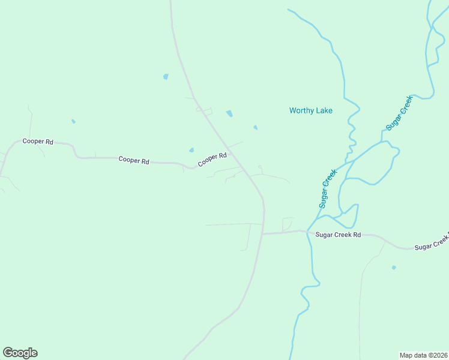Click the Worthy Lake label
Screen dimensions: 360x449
click(310, 110)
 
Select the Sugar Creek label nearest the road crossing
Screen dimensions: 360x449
click(328, 189)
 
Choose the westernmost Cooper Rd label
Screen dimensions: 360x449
click(38, 142)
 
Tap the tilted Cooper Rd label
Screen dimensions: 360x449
click(212, 160)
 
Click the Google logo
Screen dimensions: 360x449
click(20, 353)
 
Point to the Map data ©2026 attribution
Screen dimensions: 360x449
click(424, 355)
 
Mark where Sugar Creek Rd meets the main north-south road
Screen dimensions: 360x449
click(262, 233)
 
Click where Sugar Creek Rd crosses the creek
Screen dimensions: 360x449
click(308, 231)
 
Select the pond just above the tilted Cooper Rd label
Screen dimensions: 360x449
click(191, 150)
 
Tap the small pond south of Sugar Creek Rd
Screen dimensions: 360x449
click(394, 267)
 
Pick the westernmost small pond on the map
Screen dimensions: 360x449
click(73, 121)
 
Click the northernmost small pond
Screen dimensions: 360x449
click(166, 77)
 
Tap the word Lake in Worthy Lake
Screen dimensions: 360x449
click(324, 110)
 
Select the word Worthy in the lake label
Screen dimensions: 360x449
click(301, 110)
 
